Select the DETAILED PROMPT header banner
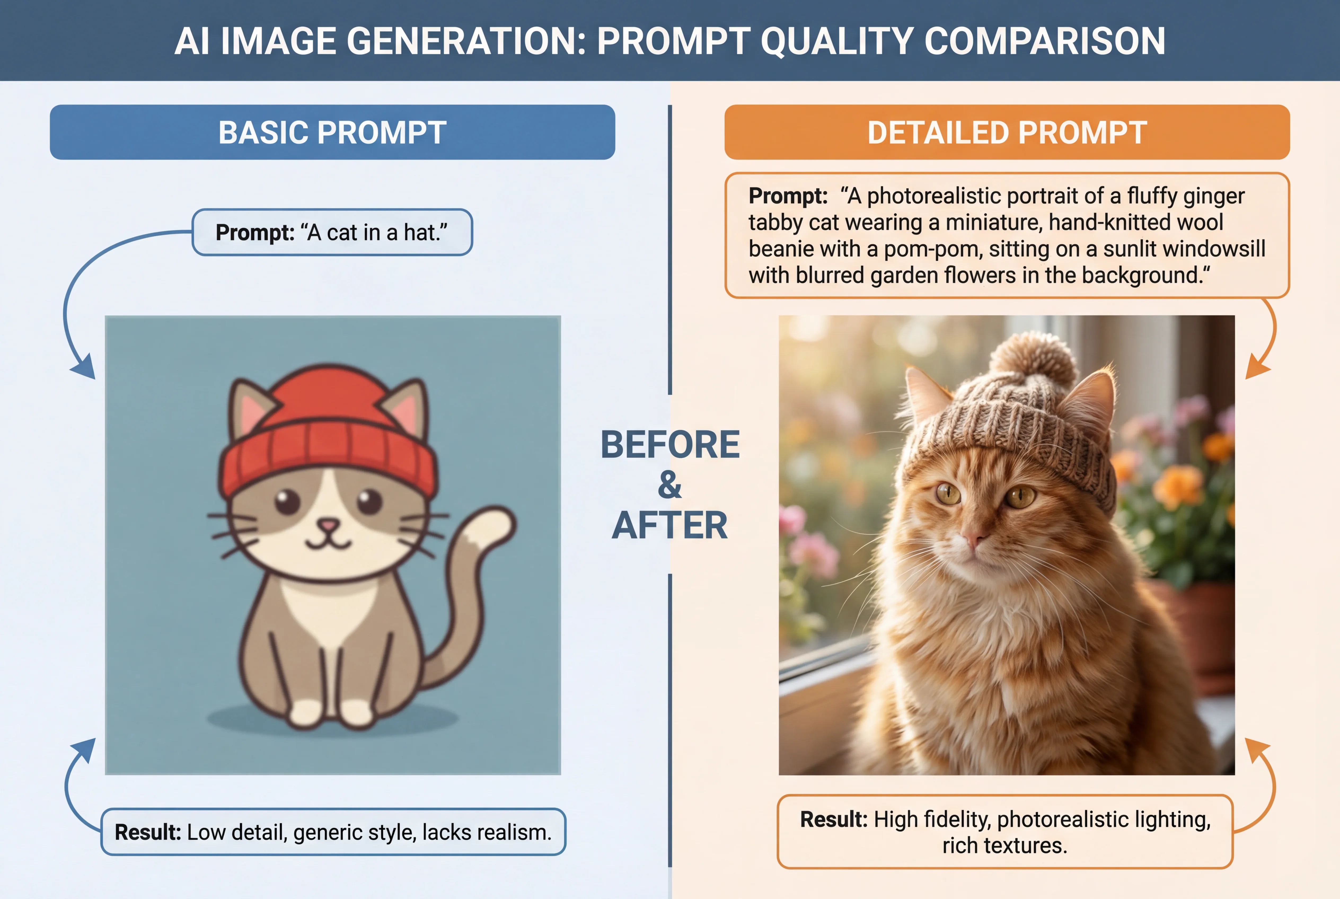pos(1007,133)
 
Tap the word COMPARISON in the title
pos(1045,41)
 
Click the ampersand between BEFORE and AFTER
pos(670,485)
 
